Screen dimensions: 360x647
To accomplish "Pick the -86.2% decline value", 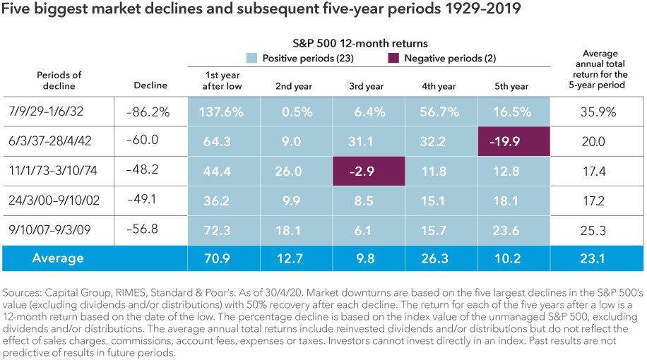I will (x=150, y=112).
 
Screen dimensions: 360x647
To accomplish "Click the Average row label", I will (x=58, y=258).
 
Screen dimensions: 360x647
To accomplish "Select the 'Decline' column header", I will (x=150, y=85).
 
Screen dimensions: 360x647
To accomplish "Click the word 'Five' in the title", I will (x=17, y=11).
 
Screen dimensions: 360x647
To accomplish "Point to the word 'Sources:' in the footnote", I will (x=23, y=292).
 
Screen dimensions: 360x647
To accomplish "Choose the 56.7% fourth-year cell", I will (x=439, y=112).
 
